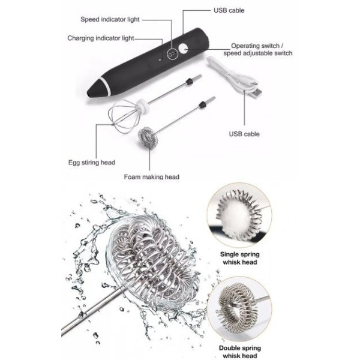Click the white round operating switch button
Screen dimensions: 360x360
pos(184,49)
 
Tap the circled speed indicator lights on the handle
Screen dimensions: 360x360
pos(172,54)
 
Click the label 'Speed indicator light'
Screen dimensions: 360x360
pos(110,19)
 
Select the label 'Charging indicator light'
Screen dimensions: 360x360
pos(101,38)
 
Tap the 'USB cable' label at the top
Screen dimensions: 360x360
pos(229,10)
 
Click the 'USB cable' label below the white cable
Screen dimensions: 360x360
pos(244,134)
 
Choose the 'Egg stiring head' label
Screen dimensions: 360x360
pos(92,163)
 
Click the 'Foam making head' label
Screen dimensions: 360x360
pos(152,177)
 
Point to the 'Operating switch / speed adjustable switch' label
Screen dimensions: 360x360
pos(258,49)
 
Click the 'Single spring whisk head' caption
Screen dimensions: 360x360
pos(239,258)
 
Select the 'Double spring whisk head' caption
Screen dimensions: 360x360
pos(239,352)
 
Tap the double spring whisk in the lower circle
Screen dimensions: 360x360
pos(236,308)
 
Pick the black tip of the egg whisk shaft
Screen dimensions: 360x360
pos(189,81)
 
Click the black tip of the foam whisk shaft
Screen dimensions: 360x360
pos(203,104)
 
